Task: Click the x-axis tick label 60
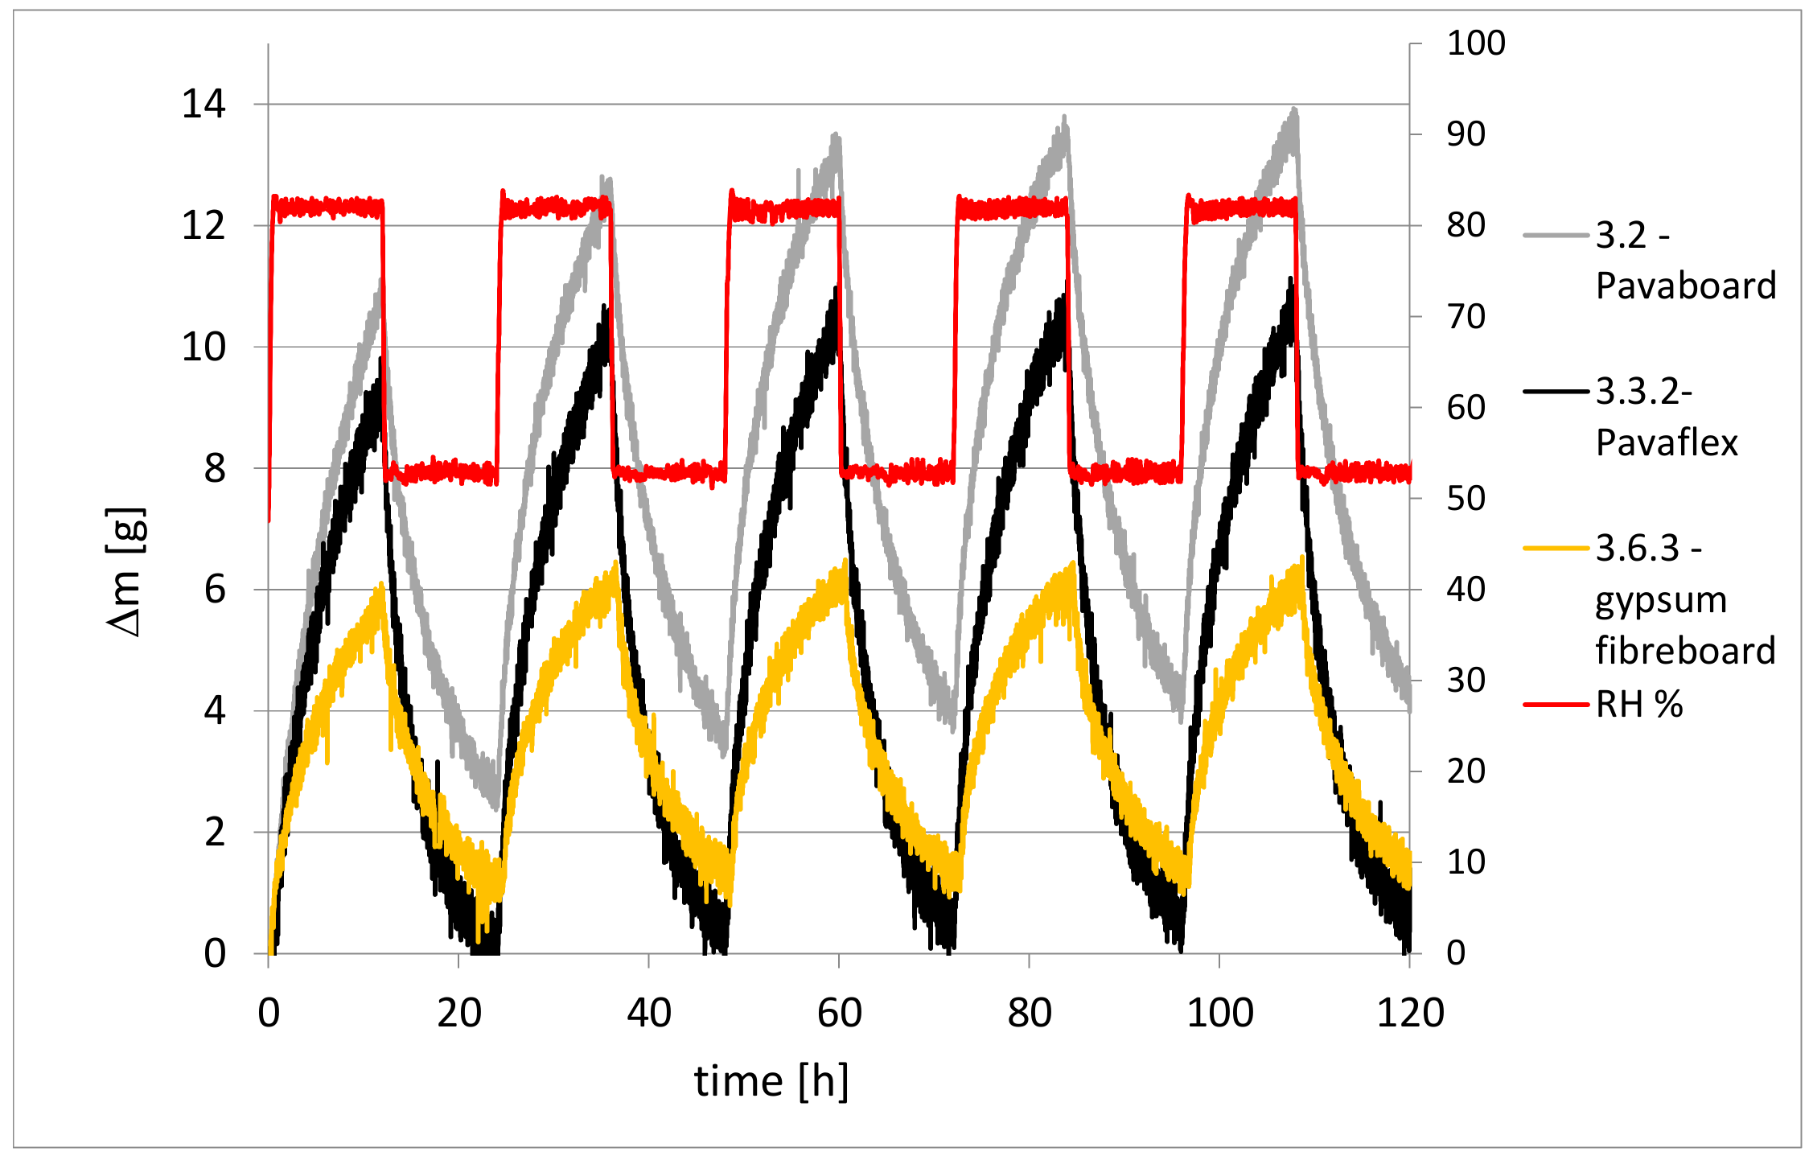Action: coord(839,1013)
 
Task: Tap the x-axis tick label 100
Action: coord(1219,1013)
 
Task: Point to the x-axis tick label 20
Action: coord(458,1013)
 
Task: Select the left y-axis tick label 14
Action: coord(203,105)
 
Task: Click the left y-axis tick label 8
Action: coord(214,468)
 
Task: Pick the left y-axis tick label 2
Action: coord(214,833)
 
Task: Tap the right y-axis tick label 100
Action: coord(1475,43)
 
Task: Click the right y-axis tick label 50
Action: coord(1466,499)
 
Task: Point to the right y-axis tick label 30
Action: coord(1466,681)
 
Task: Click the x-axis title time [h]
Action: coord(771,1081)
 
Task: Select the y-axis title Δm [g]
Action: coord(126,572)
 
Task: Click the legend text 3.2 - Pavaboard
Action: coord(1685,261)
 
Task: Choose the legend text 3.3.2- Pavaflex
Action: coord(1666,417)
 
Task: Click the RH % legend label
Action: coord(1638,705)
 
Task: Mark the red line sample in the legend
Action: coord(1556,705)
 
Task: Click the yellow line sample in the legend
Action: coord(1556,549)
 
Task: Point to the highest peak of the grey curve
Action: coord(1293,109)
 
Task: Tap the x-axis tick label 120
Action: coord(1410,1013)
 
